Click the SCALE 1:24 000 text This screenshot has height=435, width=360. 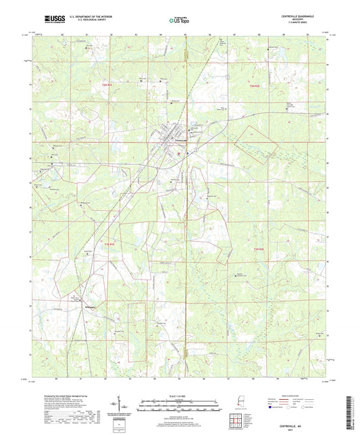180,396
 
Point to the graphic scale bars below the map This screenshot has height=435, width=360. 180,407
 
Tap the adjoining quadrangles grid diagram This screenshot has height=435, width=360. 238,422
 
